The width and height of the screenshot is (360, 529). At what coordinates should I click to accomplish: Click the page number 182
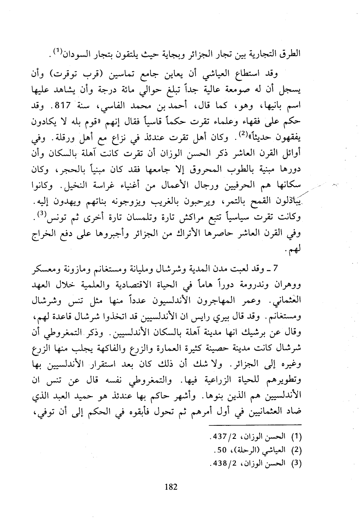[x=171, y=487]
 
